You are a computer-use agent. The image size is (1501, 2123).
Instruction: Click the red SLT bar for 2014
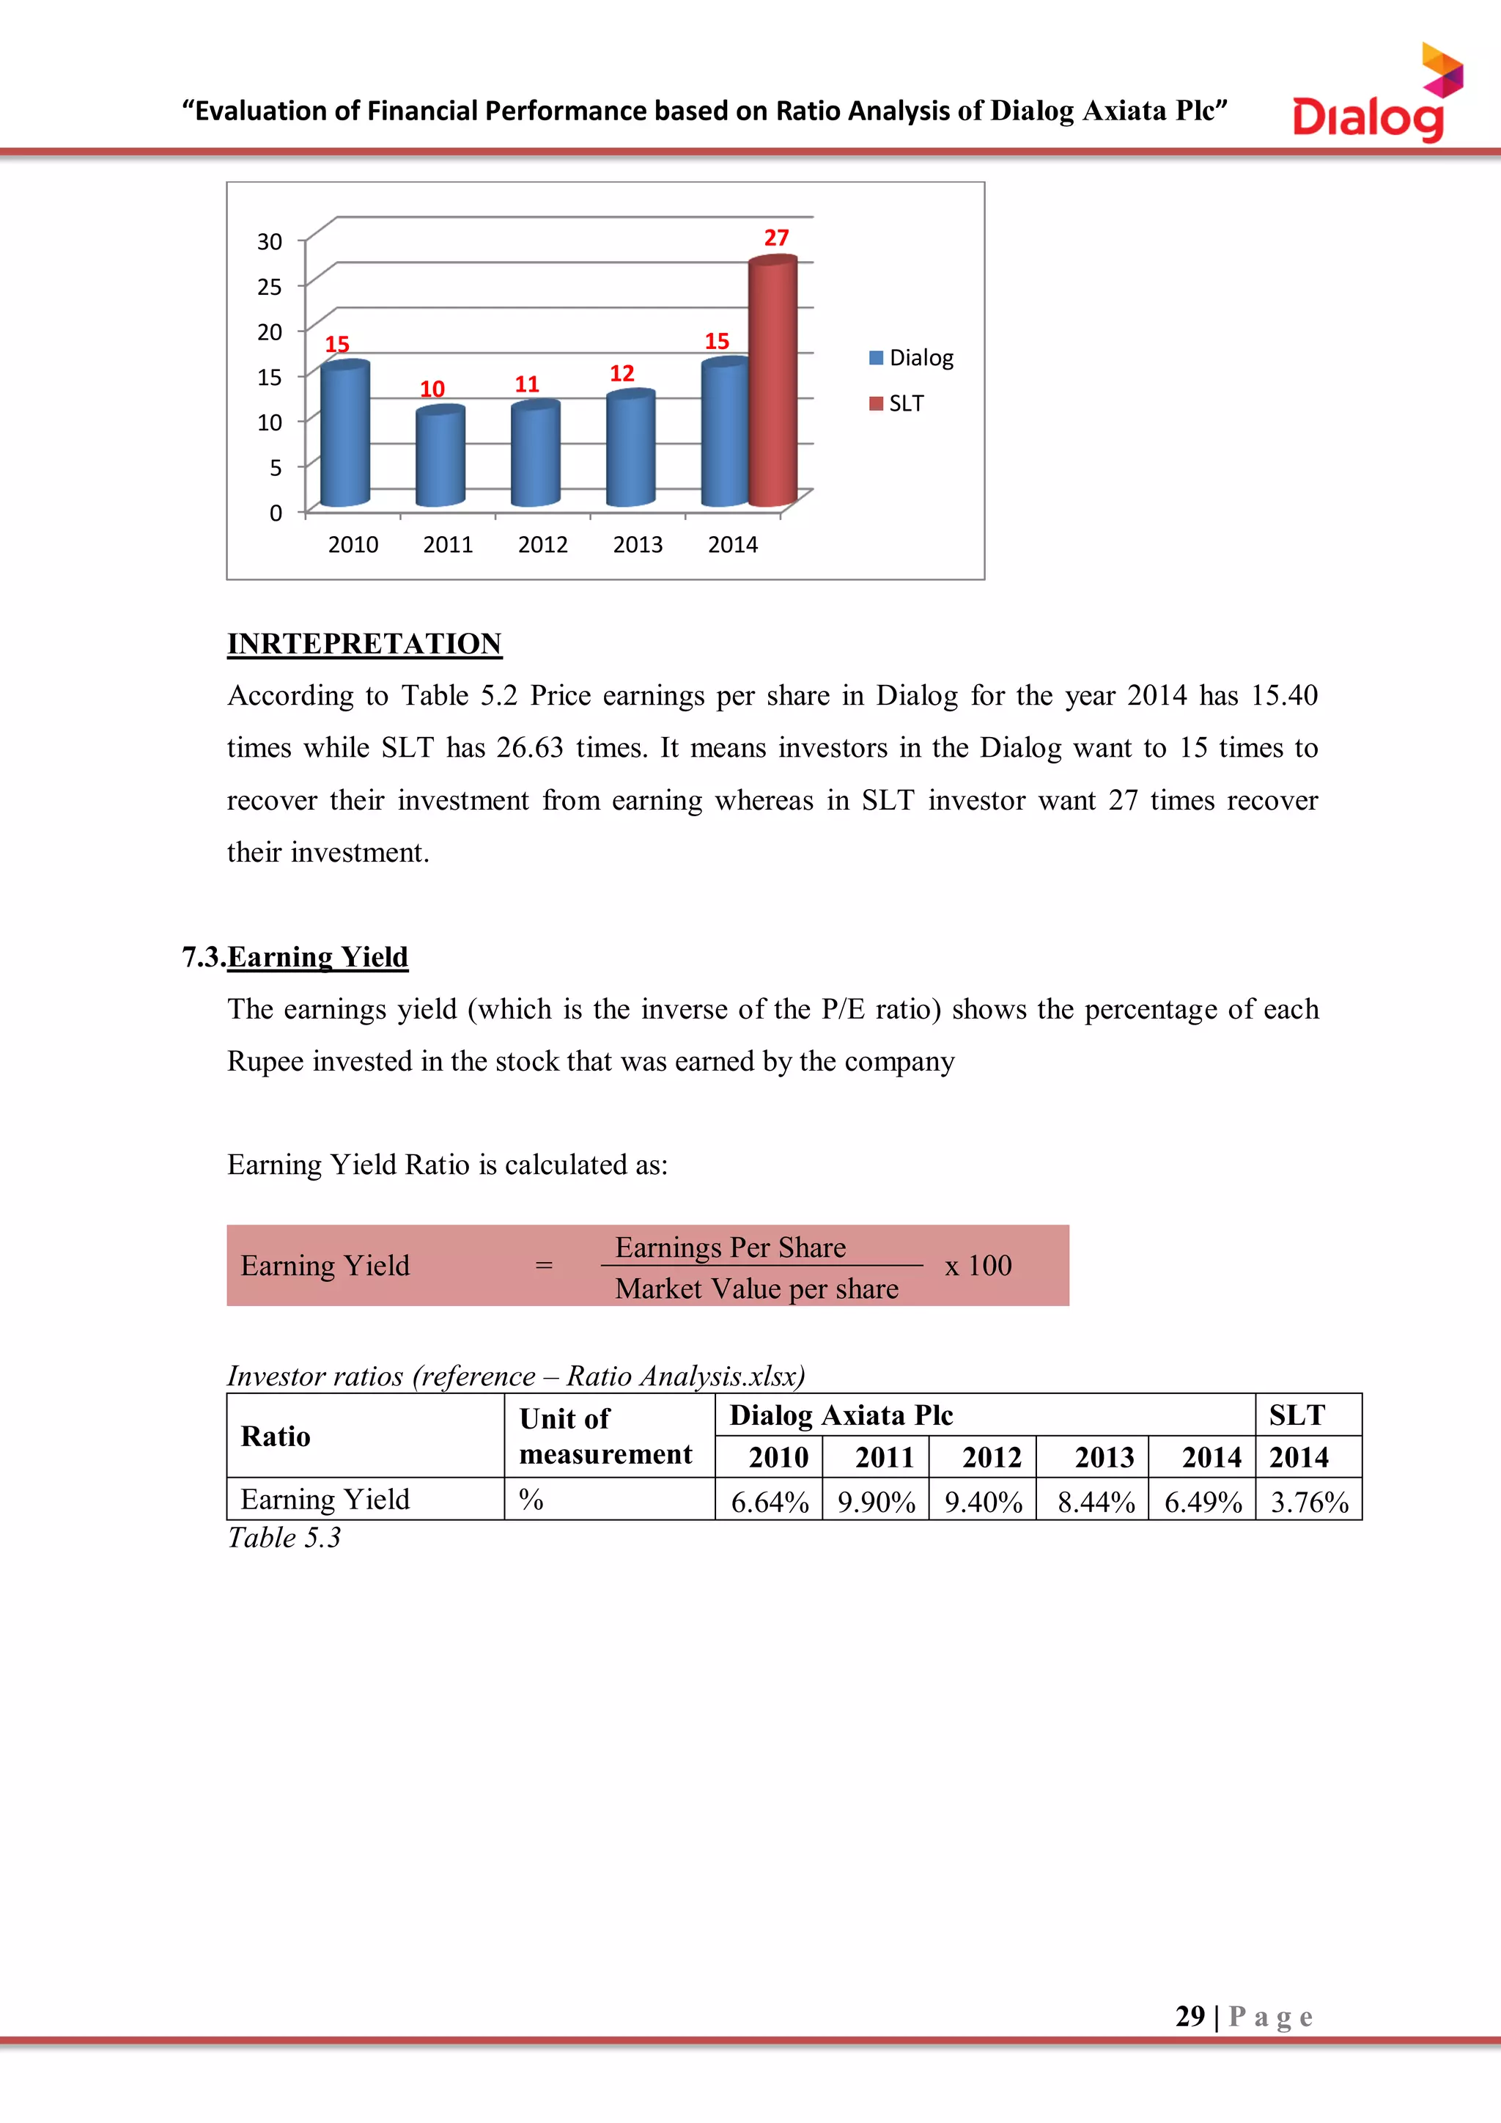772,384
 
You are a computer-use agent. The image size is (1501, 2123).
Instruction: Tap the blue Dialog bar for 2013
630,450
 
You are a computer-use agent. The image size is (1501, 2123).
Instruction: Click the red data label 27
776,238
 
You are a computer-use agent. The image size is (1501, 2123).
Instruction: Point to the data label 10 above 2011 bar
432,389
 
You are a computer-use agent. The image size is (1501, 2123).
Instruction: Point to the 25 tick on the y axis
269,287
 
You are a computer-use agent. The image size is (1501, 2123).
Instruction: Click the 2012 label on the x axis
542,545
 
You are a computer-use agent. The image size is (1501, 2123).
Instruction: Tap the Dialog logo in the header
1377,97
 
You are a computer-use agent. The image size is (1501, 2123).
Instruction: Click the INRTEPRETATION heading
364,644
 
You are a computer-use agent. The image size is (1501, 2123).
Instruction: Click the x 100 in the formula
978,1265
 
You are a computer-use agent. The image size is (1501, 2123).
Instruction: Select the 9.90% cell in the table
875,1502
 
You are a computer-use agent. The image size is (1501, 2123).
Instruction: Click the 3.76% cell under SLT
1309,1502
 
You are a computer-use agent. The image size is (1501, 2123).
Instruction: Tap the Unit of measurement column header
605,1436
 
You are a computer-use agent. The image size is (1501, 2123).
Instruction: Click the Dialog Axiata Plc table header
841,1415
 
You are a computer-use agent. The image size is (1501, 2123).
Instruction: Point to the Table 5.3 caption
284,1538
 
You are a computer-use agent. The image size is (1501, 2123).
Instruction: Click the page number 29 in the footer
1190,2016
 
